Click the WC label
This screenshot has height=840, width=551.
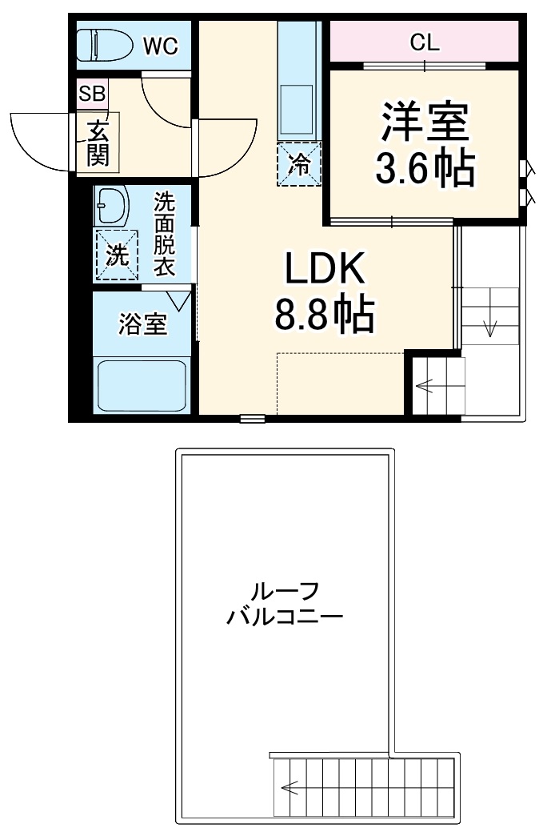point(161,46)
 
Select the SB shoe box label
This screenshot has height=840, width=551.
point(92,94)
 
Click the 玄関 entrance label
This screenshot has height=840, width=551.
point(98,143)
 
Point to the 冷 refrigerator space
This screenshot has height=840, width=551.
point(299,165)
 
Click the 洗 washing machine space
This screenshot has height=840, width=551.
point(117,256)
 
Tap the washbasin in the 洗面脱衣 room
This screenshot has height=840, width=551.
point(112,207)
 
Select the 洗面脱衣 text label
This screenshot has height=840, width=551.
point(164,234)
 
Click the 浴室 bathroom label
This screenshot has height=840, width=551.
point(143,324)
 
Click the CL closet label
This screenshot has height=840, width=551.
point(425,43)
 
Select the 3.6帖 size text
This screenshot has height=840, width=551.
point(425,167)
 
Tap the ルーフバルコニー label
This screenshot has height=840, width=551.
point(285,605)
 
